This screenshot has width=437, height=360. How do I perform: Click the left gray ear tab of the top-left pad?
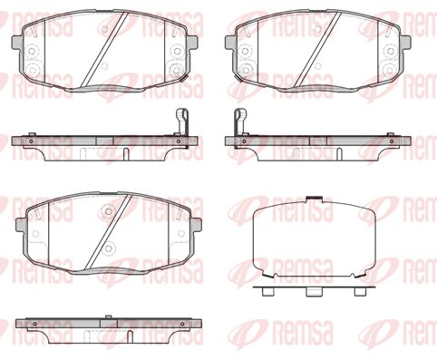16,43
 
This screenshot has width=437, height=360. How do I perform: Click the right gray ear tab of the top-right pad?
405,42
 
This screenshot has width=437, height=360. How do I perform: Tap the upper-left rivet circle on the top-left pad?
31,51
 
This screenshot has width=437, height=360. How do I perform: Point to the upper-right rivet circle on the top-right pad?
390,51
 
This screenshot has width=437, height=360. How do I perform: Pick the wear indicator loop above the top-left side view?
182,121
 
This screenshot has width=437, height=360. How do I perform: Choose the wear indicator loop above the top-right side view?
240,121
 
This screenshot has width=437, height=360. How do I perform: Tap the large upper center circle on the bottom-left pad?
108,210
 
